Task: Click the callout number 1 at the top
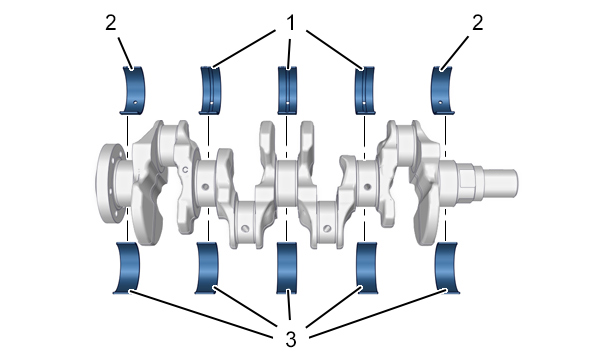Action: tap(290, 23)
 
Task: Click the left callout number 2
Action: tap(111, 23)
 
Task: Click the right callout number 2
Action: tap(477, 23)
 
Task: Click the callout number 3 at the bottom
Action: tap(291, 339)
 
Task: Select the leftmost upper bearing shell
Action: tap(133, 90)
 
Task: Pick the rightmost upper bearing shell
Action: tap(443, 90)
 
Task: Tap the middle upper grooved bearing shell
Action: tap(287, 90)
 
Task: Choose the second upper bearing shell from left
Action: tap(211, 90)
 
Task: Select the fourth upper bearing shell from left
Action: tap(365, 90)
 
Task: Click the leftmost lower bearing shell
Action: tap(127, 268)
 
